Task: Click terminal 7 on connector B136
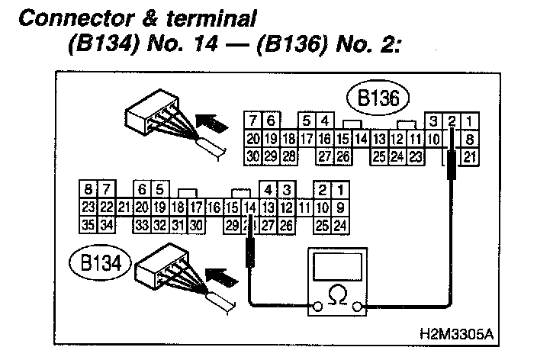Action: tap(252, 121)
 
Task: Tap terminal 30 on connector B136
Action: tap(253, 156)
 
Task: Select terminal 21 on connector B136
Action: tap(471, 156)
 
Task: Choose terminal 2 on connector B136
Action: tap(452, 121)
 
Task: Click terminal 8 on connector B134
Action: tap(88, 189)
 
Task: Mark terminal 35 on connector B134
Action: tap(88, 225)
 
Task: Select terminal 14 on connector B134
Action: tap(249, 207)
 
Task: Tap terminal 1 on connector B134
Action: tap(340, 189)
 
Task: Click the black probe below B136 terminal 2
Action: tap(452, 164)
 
